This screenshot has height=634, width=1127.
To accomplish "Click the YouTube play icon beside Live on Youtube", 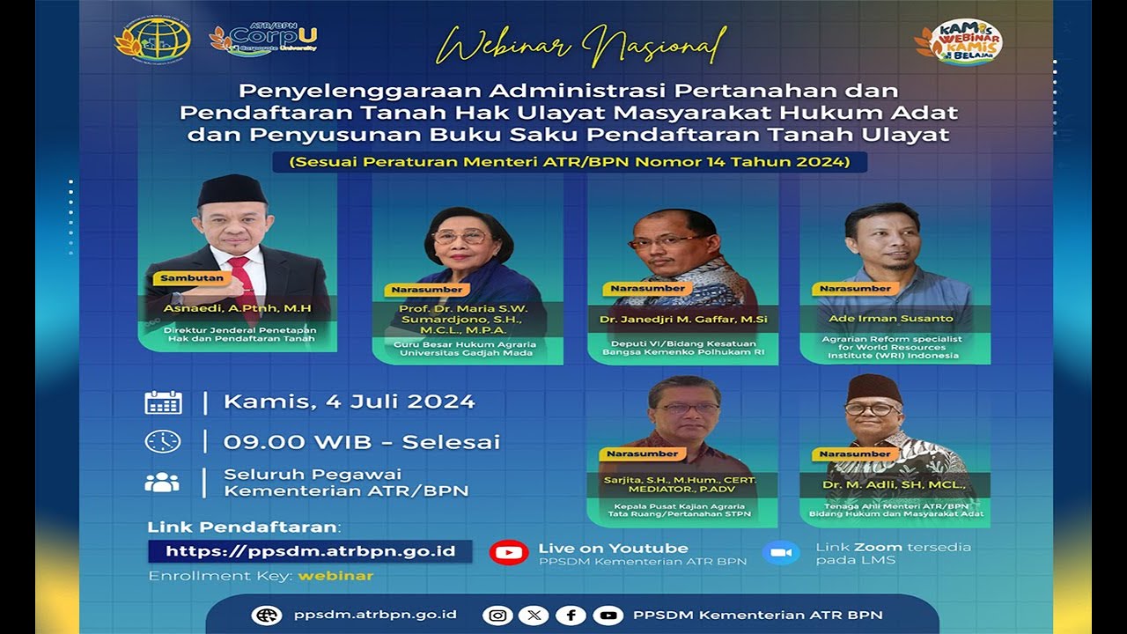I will tap(508, 553).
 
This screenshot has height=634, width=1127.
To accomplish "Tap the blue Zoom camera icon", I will tap(780, 553).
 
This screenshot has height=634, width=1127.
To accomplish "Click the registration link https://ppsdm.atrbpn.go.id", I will tap(310, 551).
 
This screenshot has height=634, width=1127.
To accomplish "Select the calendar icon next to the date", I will tap(163, 402).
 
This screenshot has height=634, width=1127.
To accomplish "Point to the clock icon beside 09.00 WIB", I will tap(163, 441).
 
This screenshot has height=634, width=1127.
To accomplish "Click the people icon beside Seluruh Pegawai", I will tap(162, 483).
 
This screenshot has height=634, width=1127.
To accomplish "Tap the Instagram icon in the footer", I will tap(497, 616).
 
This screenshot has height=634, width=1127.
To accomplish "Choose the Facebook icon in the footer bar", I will tap(571, 616).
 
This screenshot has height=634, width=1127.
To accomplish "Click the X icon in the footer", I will tap(534, 616).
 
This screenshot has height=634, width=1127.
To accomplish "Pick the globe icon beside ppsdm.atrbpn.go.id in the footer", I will tap(266, 616).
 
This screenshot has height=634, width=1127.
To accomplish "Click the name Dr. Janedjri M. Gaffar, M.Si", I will tap(682, 318).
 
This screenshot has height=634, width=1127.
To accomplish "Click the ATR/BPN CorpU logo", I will tap(264, 39).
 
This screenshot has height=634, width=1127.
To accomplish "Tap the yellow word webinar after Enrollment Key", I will tap(335, 576).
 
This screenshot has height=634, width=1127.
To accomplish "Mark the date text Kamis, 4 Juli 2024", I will tap(349, 402).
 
